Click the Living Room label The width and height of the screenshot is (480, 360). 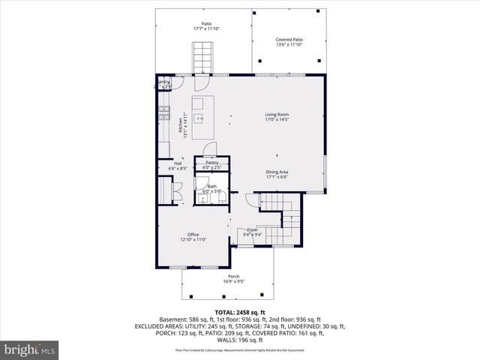click(x=277, y=115)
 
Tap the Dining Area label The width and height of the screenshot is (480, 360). click(x=277, y=172)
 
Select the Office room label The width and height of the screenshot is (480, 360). click(x=193, y=235)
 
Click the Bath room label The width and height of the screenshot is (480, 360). click(x=212, y=186)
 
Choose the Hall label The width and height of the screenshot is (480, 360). click(x=178, y=163)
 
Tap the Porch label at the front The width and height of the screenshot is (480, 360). click(x=234, y=277)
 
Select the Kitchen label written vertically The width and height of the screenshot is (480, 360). click(x=181, y=124)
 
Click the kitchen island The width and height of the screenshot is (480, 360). click(x=199, y=117)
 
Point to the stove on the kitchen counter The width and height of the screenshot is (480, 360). click(x=163, y=115)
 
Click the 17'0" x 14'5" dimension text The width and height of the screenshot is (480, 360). click(x=277, y=120)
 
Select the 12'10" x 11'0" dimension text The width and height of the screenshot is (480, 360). click(x=193, y=240)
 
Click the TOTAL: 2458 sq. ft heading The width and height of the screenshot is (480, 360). click(x=240, y=312)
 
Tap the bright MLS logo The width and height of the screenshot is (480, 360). click(x=29, y=349)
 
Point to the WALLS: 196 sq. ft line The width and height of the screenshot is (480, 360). click(x=240, y=340)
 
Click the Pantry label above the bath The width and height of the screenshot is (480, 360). click(x=212, y=162)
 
